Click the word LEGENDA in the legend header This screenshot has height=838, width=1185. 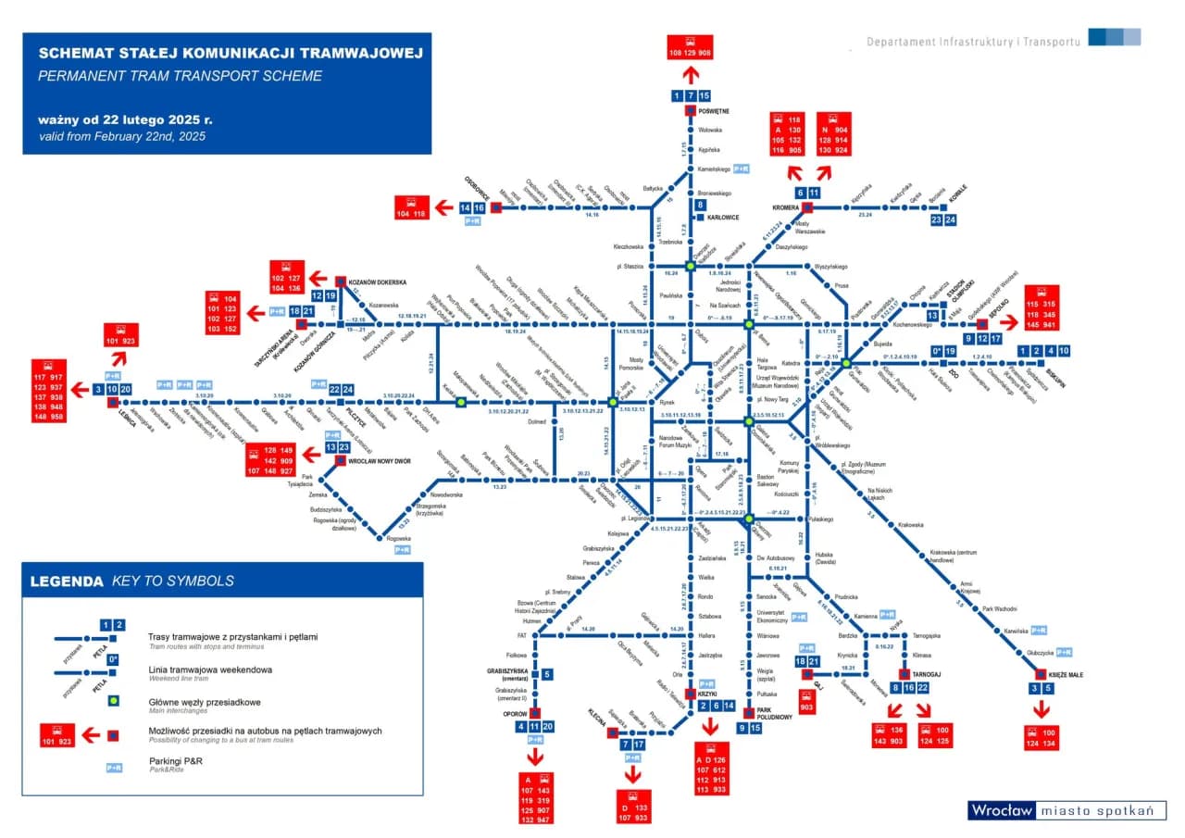(67, 582)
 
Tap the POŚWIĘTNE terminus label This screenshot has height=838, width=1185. (714, 111)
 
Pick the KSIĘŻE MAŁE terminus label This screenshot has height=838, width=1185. (1066, 675)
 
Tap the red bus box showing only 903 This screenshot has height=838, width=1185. (806, 707)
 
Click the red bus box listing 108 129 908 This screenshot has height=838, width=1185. (691, 47)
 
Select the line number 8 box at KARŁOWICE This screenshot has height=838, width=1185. (701, 205)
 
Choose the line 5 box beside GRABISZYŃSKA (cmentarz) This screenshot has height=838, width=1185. (547, 674)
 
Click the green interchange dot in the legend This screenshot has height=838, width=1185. (112, 702)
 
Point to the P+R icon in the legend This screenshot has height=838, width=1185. (114, 767)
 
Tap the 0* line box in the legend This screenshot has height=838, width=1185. (112, 659)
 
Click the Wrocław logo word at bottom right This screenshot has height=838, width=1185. (1001, 811)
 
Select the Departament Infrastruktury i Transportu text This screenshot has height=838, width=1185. (973, 43)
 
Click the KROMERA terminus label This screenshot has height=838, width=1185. (786, 208)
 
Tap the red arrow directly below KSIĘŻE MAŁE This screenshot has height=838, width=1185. (1042, 710)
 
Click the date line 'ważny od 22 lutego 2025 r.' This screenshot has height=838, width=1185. (125, 120)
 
